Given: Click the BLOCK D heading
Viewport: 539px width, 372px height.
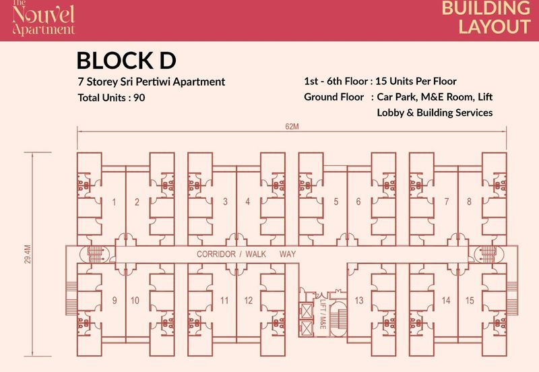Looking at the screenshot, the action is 126,60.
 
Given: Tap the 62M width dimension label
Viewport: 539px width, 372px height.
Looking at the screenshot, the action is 292,127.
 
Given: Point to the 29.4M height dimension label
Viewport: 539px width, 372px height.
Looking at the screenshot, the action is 28,254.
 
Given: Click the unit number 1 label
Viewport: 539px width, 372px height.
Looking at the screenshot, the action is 114,201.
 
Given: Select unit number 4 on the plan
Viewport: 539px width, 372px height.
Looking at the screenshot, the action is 247,201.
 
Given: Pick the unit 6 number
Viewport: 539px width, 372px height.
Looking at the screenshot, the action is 358,201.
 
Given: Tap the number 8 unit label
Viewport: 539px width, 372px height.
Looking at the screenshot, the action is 469,201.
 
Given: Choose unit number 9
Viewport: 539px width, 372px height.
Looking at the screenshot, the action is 115,300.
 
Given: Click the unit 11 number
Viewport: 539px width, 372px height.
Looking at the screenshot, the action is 224,301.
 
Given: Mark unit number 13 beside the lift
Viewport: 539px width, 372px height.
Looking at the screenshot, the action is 359,301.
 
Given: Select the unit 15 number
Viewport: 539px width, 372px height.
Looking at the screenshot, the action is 470,301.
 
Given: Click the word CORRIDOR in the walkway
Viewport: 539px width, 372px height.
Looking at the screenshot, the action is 216,254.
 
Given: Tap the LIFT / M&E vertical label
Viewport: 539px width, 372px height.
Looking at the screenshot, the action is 323,313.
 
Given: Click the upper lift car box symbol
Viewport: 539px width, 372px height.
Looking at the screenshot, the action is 306,311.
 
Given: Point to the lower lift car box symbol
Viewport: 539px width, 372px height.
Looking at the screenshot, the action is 306,328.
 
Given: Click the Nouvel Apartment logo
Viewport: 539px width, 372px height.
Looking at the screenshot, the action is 43,18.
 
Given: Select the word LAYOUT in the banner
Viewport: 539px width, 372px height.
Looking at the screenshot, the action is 495,27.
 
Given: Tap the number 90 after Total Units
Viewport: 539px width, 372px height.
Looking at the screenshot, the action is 139,98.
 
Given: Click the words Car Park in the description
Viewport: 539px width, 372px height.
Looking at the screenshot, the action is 396,97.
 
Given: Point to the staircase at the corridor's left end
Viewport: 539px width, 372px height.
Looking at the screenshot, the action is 95,255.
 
